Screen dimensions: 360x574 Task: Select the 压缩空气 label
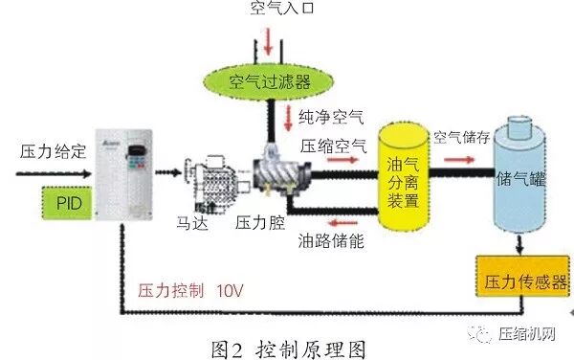click(333, 146)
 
